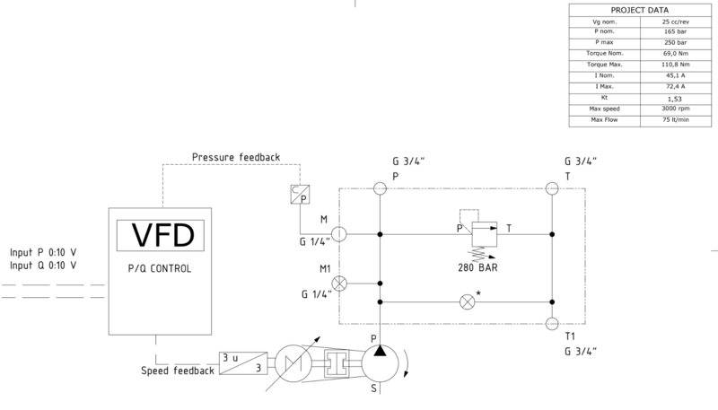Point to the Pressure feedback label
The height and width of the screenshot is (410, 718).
(x=236, y=157)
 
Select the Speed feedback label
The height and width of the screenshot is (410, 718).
(x=176, y=371)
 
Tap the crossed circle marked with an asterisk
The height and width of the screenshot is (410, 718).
(x=466, y=302)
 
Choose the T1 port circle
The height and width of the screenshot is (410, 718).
(x=553, y=323)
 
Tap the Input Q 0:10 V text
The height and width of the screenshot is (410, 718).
(x=42, y=266)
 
